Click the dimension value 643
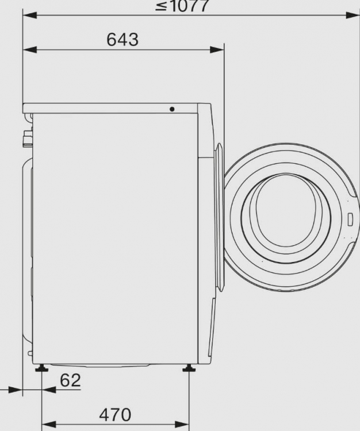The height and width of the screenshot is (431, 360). pos(122,39)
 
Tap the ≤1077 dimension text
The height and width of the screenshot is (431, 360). pos(182,6)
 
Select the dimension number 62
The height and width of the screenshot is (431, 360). pos(70,380)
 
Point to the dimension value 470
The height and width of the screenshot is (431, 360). pos(115,414)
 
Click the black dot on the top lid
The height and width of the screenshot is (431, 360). pos(172,109)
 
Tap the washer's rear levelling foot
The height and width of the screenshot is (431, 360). pos(41,368)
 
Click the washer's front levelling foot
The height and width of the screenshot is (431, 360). pos(189,368)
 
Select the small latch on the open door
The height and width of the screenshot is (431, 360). pos(350,220)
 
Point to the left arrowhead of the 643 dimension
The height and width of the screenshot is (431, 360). pos(30,50)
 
